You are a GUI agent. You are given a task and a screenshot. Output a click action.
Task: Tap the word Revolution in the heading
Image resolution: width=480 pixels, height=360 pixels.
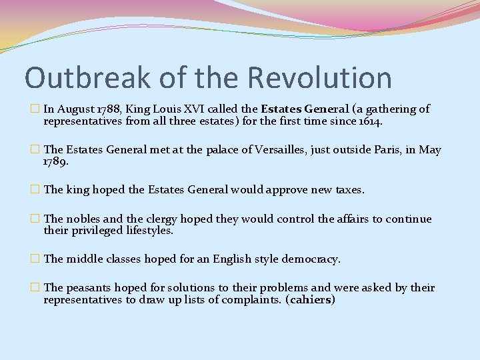point(320,78)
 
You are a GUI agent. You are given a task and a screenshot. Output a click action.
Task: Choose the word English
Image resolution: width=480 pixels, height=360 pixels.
point(231,259)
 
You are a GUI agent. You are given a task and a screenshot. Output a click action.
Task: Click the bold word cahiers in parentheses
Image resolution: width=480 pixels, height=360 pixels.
point(310,301)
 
